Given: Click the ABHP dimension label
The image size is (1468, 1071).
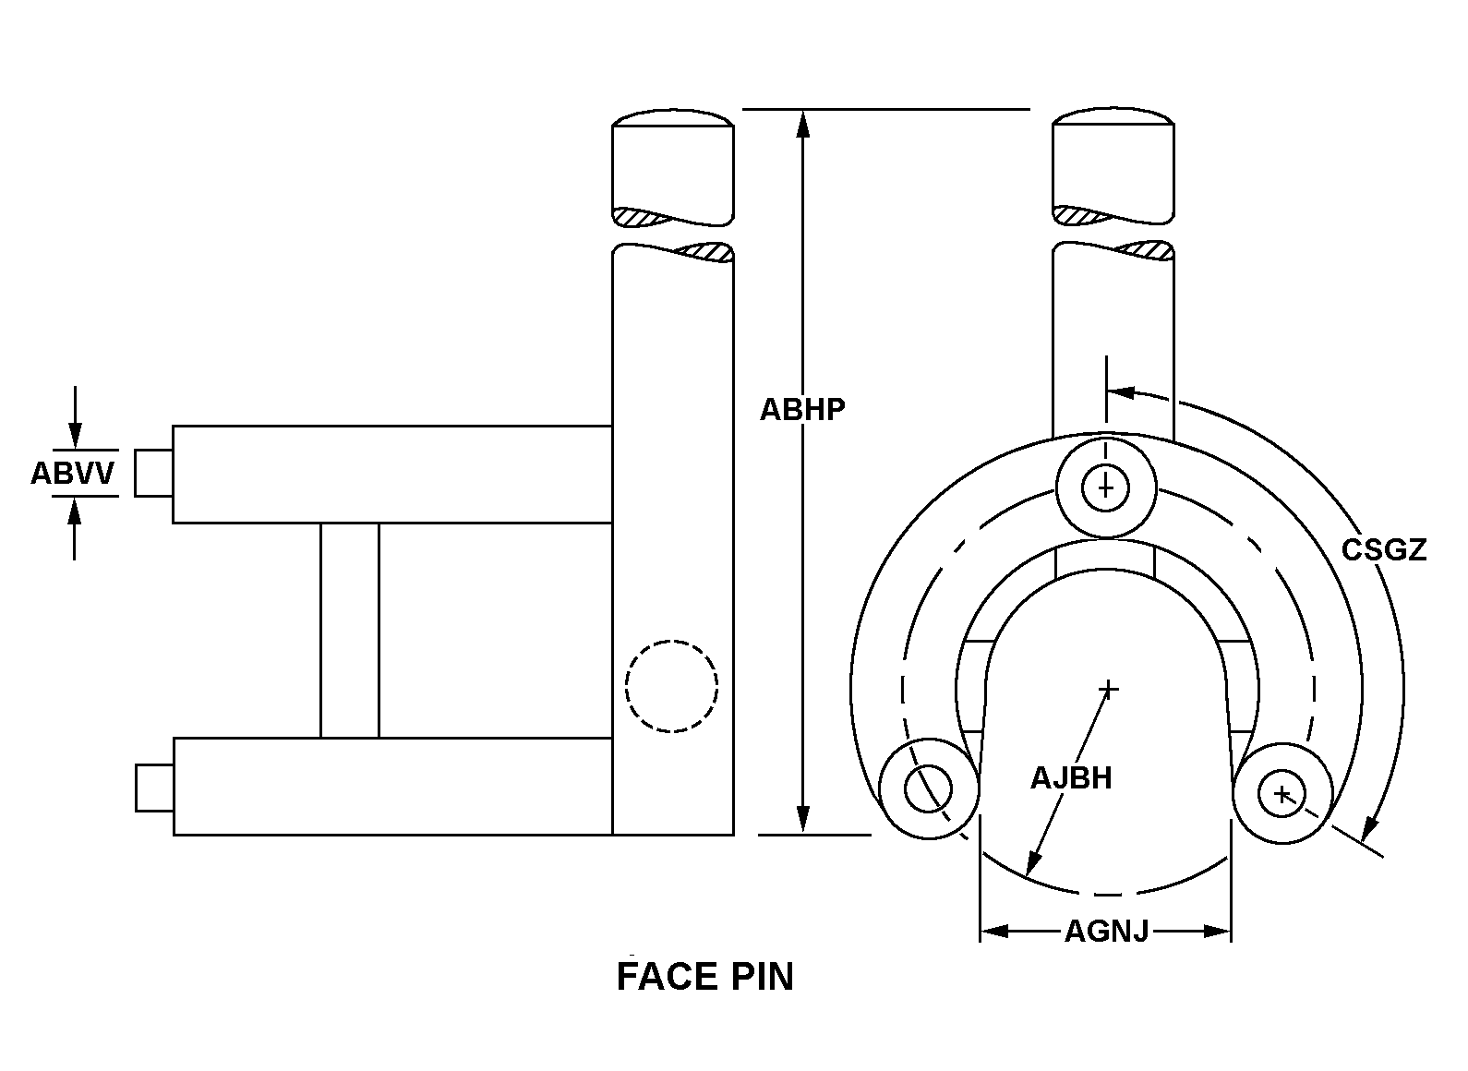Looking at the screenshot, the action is [x=802, y=410].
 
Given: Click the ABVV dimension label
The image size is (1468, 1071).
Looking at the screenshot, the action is [x=73, y=473].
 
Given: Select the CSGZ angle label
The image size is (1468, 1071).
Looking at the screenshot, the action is [x=1383, y=550].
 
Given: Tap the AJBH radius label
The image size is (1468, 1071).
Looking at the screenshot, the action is [x=1072, y=778].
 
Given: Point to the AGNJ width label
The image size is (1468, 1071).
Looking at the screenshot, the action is [x=1106, y=932].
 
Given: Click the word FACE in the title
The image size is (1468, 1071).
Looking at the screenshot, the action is [x=668, y=977].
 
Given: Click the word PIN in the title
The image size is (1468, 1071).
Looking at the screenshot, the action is [x=763, y=977].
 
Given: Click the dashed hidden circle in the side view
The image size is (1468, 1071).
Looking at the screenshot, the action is [x=672, y=686].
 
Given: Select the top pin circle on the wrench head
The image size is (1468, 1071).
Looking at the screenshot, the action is [x=1105, y=488].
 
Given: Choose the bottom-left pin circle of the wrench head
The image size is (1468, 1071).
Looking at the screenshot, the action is [x=929, y=789].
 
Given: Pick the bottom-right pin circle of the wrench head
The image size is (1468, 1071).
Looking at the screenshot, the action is [x=1282, y=794].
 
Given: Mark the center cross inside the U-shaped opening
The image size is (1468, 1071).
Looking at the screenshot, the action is [x=1108, y=689].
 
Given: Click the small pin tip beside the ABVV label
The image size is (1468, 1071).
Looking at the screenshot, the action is [x=154, y=474].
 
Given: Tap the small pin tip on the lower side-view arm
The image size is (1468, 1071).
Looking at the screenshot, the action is [x=155, y=788].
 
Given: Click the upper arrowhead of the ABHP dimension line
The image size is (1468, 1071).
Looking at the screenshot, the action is [x=803, y=124].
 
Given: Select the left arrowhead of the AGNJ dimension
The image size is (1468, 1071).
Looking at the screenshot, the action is [x=994, y=932].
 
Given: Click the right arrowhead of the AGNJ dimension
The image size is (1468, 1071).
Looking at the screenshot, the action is [x=1218, y=932].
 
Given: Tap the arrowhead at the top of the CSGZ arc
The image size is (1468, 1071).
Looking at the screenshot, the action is [x=1121, y=392].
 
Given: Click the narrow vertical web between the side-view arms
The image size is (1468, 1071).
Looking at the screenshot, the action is [x=350, y=631].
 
